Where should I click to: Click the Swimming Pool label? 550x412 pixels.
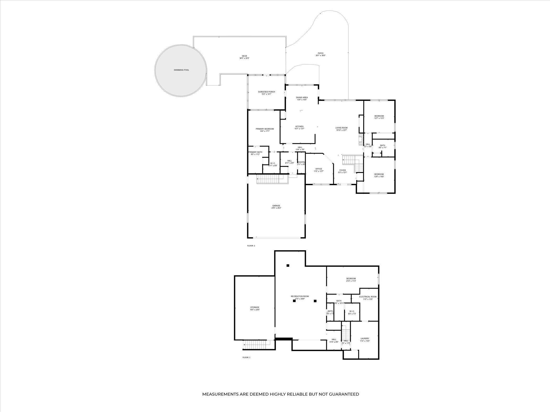[x=181, y=70]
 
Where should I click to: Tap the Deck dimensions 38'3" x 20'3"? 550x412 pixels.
[x=244, y=58]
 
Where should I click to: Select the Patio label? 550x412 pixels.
[x=321, y=53]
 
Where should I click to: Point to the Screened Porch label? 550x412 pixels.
[x=266, y=92]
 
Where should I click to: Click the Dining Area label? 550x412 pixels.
[x=302, y=98]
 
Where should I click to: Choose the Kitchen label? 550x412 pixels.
[x=299, y=127]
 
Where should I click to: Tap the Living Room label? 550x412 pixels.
[x=341, y=128]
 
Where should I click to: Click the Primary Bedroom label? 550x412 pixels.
[x=265, y=129]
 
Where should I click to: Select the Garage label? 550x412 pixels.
[x=276, y=206]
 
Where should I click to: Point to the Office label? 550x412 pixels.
[x=318, y=169]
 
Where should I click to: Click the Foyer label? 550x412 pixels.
[x=342, y=170]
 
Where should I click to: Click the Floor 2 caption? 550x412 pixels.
[x=251, y=246]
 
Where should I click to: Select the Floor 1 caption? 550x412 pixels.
[x=246, y=357]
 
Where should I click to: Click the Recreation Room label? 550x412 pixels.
[x=300, y=296]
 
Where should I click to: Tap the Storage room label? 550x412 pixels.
[x=255, y=307]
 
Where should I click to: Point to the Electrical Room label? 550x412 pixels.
[x=368, y=297]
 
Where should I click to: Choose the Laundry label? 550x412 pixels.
[x=365, y=338]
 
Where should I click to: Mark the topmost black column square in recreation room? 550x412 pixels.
[x=288, y=266]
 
